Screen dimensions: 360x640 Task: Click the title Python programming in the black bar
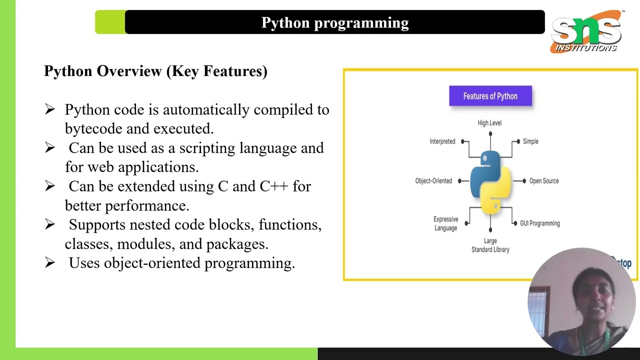coord(335,22)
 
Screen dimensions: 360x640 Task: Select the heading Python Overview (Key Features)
coord(155,71)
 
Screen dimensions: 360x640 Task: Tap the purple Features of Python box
coord(490,96)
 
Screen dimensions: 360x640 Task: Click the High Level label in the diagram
coord(489,123)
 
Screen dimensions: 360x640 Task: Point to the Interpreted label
coord(442,141)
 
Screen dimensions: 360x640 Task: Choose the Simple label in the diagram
coord(530,141)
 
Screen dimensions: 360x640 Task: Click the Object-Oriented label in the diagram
coord(433,181)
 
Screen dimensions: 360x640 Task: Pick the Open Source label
coord(544,181)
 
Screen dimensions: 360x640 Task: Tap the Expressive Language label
coord(445,223)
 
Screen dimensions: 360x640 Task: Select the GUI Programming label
coord(540,223)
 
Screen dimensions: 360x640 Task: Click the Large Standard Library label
coord(490,245)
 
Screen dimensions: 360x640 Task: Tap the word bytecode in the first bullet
coord(93,129)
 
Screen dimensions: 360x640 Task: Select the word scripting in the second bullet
coord(207,148)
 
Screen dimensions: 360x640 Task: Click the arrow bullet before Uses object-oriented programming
coord(49,262)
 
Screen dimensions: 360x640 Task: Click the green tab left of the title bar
coord(109,22)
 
